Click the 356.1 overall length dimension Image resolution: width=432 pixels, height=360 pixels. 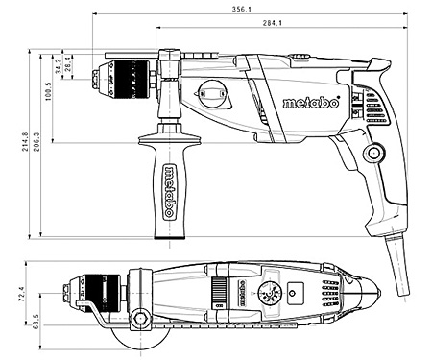[x=242, y=10]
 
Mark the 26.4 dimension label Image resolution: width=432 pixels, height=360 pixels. [x=68, y=63]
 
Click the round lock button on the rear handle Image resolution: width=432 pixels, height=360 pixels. [x=372, y=152]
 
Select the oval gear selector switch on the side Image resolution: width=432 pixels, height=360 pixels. [x=212, y=94]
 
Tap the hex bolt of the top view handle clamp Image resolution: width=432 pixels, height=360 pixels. [x=142, y=317]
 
